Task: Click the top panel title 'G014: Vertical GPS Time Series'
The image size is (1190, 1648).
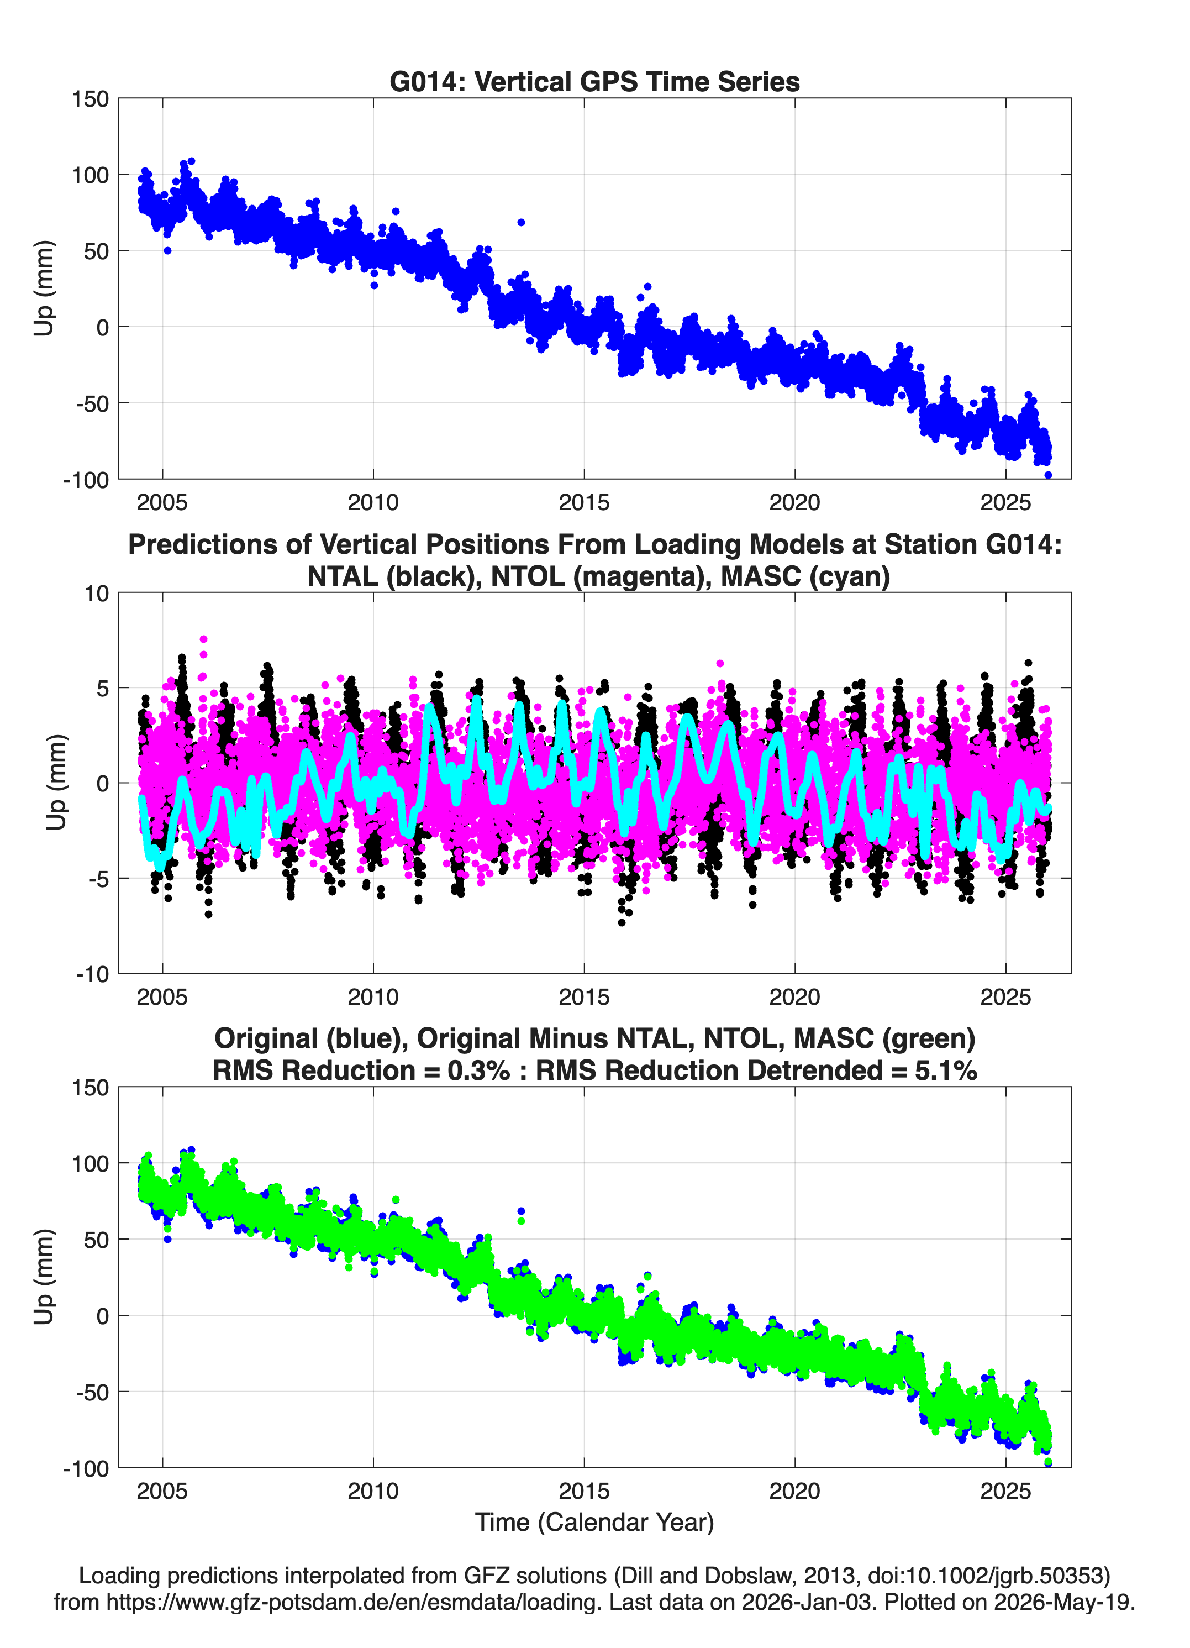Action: click(594, 81)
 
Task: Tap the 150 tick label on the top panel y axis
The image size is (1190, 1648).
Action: click(90, 99)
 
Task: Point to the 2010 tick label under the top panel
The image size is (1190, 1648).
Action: click(373, 502)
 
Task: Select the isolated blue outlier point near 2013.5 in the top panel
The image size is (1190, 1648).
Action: click(521, 222)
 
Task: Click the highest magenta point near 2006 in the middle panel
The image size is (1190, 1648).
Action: click(204, 639)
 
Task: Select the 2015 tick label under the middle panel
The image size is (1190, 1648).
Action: click(584, 997)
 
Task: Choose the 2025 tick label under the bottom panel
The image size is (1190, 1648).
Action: click(1005, 1491)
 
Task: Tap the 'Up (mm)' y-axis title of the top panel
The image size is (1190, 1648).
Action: click(44, 288)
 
